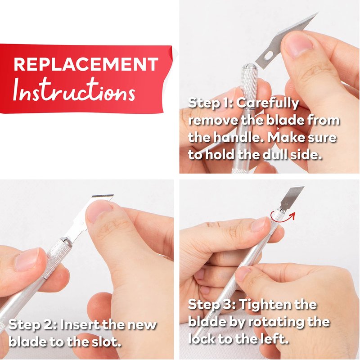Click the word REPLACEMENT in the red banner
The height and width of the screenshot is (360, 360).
click(x=86, y=64)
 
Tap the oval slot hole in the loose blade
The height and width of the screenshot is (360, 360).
click(x=268, y=55)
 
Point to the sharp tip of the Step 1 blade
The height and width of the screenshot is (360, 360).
click(x=318, y=13)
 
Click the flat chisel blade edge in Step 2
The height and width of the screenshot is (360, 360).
click(x=103, y=196)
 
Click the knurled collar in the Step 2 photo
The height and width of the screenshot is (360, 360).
click(x=56, y=257)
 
